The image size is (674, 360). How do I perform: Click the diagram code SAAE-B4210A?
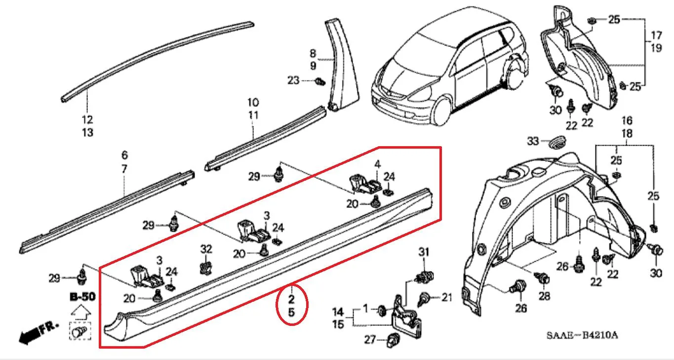point(582,335)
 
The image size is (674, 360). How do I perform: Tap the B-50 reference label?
point(82,297)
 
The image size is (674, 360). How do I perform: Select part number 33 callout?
point(533,141)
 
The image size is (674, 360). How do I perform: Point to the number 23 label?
point(293,80)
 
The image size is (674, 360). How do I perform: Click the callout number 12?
point(87,120)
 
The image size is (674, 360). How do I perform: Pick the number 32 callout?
point(206,249)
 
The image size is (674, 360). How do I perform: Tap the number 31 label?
point(424,252)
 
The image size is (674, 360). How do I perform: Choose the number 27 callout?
point(370,340)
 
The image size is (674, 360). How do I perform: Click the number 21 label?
point(447,297)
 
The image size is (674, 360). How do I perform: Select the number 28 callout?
point(544,296)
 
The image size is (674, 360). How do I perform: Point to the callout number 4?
point(377,164)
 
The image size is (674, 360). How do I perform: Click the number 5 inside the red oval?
point(291,313)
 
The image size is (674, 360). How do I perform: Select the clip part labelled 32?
point(205,268)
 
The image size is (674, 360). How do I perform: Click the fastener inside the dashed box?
point(79,331)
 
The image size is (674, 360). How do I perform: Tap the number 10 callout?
point(253,103)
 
